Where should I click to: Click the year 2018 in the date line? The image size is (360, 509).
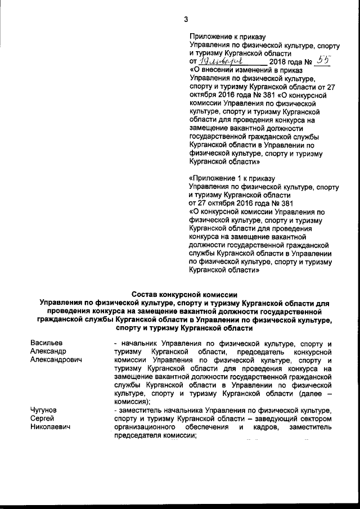[278, 61]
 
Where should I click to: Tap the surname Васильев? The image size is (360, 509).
[47, 343]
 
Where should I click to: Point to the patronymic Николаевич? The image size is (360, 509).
[51, 428]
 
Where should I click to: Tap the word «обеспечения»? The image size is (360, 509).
[206, 428]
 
